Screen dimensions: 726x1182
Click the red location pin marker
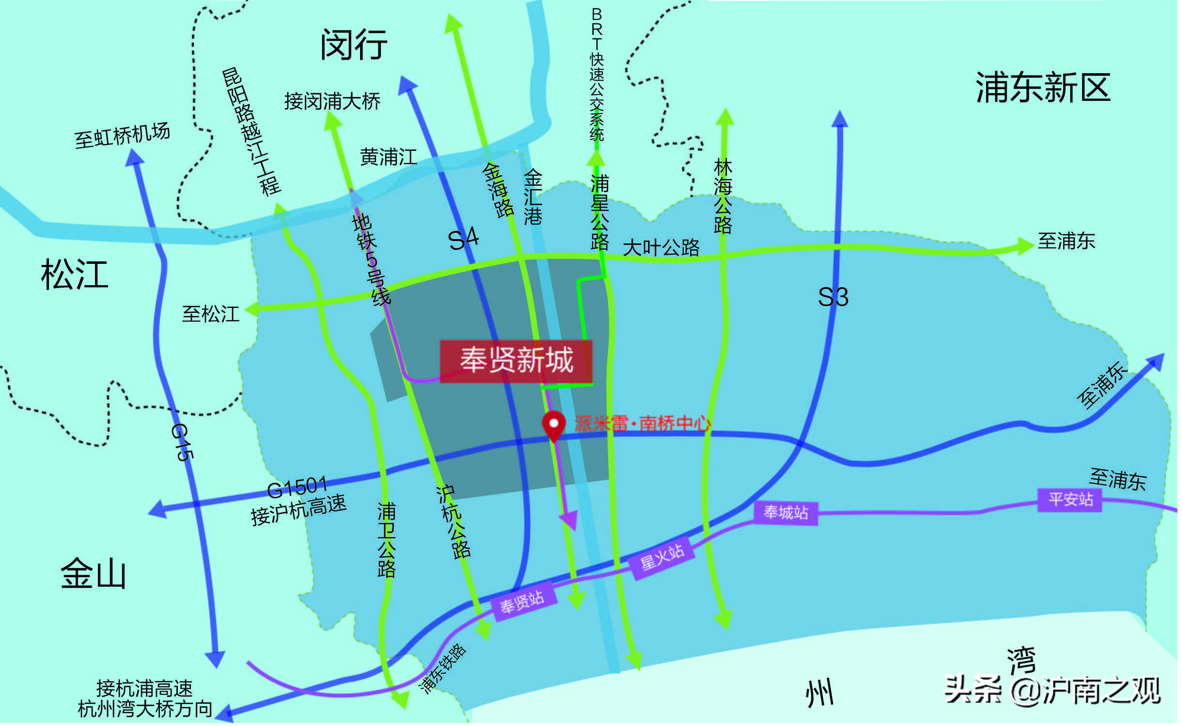point(553,425)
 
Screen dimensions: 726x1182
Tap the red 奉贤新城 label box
point(516,361)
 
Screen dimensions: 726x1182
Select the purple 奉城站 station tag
point(786,513)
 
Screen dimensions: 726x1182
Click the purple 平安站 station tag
point(1070,500)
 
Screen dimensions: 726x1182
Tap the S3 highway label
point(833,297)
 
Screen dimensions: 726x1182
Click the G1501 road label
point(297,487)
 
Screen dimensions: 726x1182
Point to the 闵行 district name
point(354,45)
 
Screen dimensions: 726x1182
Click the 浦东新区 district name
point(1043,88)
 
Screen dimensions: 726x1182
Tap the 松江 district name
point(74,274)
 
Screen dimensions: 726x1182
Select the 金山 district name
point(94,573)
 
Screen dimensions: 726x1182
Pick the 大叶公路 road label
point(661,248)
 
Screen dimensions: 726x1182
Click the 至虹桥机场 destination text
point(122,135)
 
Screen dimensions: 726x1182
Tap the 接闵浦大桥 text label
point(332,101)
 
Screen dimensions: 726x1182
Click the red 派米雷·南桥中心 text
point(642,424)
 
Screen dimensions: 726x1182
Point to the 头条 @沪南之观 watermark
point(1052,691)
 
